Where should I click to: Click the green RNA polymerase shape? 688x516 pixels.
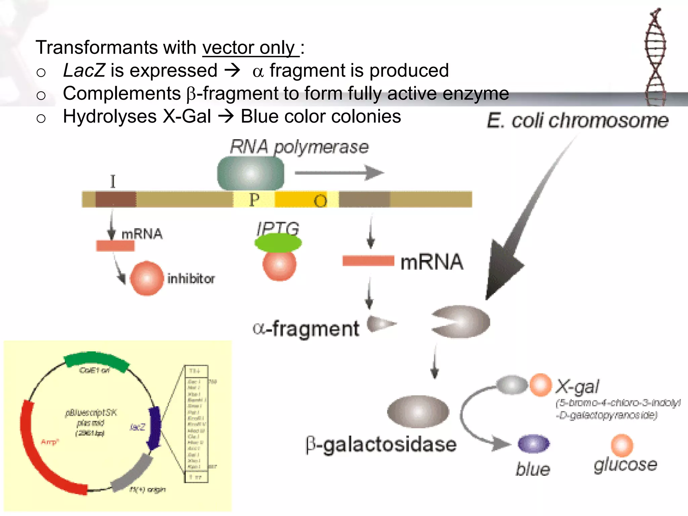point(251,174)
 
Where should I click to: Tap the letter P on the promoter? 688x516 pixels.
point(254,200)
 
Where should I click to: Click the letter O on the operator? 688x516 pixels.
point(320,201)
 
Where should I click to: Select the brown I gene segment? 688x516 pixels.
point(116,199)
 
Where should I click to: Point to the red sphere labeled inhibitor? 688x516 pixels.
point(146,278)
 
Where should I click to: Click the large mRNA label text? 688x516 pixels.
point(432,262)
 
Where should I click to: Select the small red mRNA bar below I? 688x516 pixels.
point(115,246)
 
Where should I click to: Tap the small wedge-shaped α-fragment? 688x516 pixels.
point(380,324)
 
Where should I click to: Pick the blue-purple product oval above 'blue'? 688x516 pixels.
point(533,444)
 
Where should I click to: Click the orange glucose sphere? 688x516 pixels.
point(622,445)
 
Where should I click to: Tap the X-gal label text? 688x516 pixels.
point(577,387)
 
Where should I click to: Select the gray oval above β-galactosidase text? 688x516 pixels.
point(418,411)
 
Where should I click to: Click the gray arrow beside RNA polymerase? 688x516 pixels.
point(339,173)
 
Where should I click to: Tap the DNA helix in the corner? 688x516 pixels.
point(655,57)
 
